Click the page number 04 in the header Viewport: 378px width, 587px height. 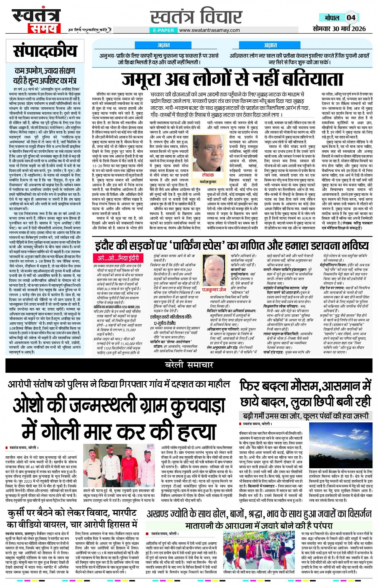pos(351,18)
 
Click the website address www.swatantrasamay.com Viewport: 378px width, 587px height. pos(210,30)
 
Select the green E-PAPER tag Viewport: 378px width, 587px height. pos(164,30)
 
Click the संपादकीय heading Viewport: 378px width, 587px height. pos(45,51)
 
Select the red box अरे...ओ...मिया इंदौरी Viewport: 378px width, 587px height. pos(118,258)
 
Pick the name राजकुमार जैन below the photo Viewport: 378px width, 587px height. pos(214,290)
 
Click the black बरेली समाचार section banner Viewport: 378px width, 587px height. pos(189,365)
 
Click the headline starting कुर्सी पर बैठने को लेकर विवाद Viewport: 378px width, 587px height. pos(72,518)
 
